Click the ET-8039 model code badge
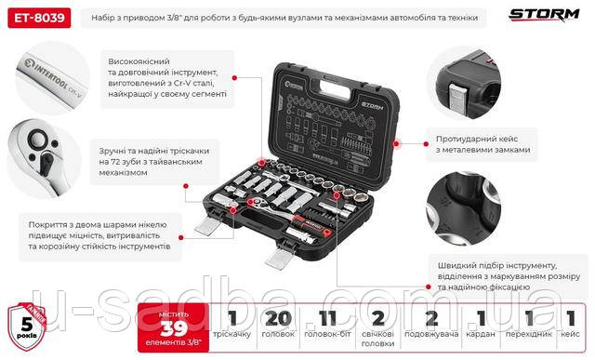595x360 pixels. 34,17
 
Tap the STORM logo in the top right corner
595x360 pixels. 543,15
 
